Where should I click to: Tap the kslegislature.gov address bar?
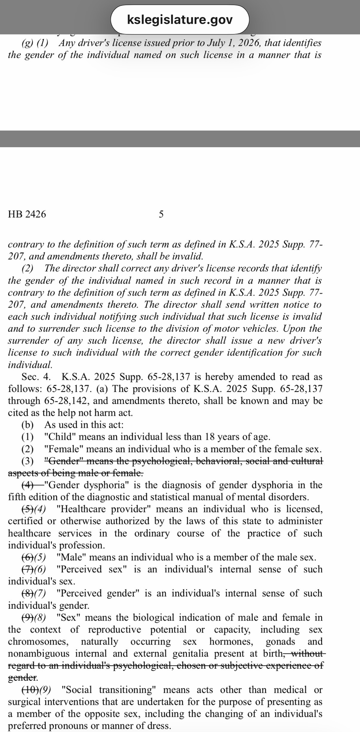click(180, 19)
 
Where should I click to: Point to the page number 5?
click(161, 214)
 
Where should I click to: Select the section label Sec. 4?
click(37, 377)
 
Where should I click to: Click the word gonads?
click(280, 642)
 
